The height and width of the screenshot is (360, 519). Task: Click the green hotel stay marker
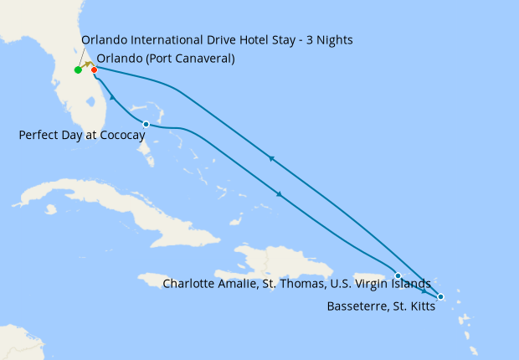coord(77,69)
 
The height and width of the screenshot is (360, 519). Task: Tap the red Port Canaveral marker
coord(94,69)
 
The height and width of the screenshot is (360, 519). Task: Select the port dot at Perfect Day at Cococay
coord(146,124)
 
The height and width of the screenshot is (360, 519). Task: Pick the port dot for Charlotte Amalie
coord(398,275)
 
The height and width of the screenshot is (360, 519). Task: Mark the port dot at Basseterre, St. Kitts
coord(440,297)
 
